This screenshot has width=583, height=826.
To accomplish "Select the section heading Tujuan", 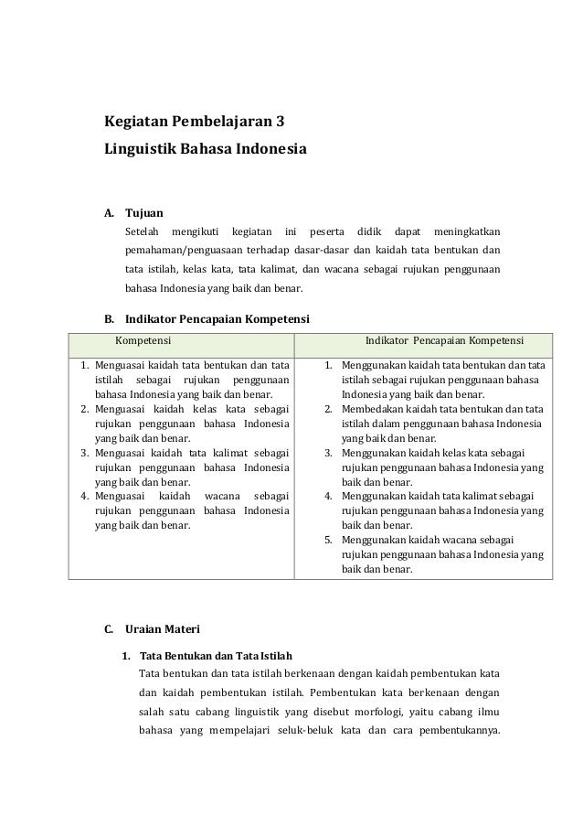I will (x=144, y=212).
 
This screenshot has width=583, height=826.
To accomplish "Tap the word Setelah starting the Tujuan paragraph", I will (x=143, y=230).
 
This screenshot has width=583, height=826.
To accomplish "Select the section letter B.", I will (x=109, y=319).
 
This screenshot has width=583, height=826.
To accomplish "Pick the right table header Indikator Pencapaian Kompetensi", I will (x=444, y=343).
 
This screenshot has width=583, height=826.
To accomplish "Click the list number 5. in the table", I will (x=329, y=541).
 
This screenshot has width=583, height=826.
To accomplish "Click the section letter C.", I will (x=109, y=628).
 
